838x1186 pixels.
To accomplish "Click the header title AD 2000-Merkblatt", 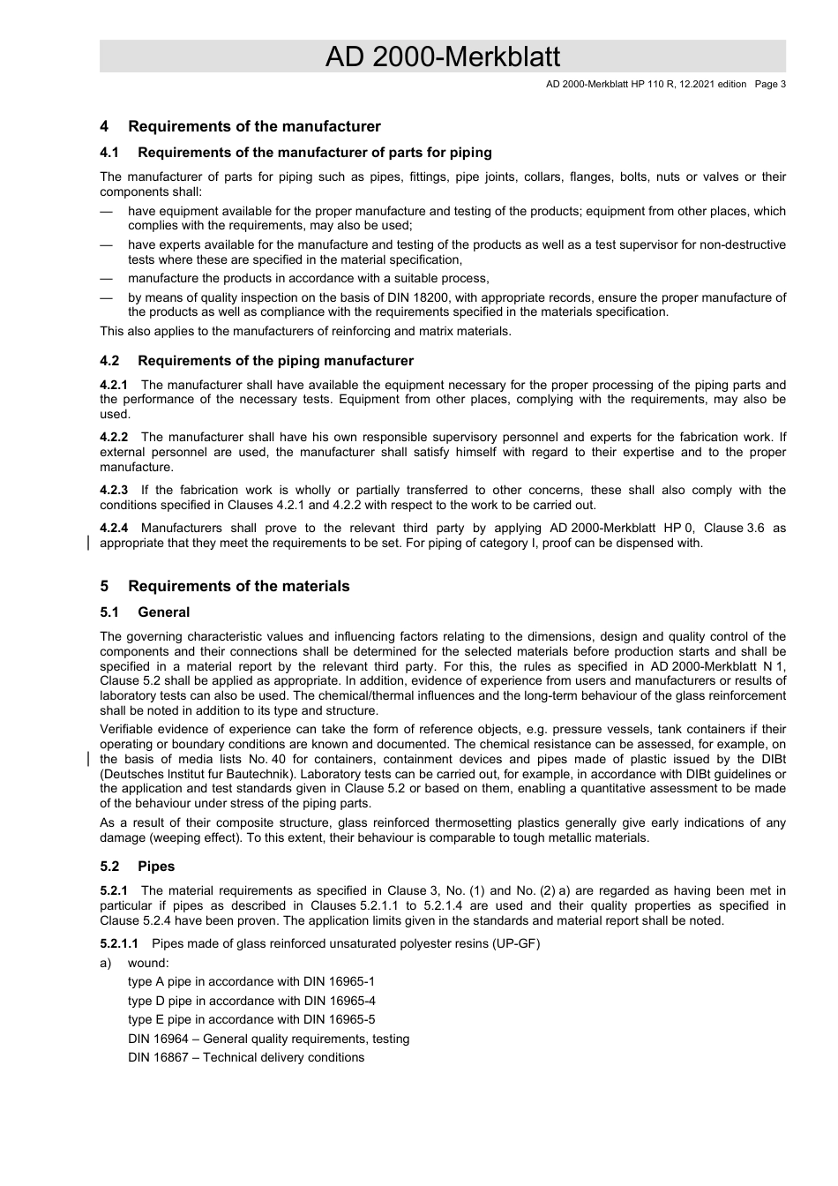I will pyautogui.click(x=442, y=56).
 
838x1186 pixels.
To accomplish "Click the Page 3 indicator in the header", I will pyautogui.click(x=770, y=85).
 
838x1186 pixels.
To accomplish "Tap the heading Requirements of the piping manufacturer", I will pyautogui.click(x=275, y=361).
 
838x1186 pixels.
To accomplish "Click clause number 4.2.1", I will pyautogui.click(x=114, y=385).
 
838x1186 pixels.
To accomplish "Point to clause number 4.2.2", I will pyautogui.click(x=114, y=437).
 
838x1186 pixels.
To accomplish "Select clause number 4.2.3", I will pyautogui.click(x=114, y=490).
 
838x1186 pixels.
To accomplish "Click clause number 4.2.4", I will pyautogui.click(x=114, y=528).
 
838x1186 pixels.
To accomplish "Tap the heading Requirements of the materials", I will pyautogui.click(x=238, y=587).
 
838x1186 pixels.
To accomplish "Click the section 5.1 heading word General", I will pyautogui.click(x=163, y=612).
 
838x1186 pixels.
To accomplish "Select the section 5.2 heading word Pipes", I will pyautogui.click(x=156, y=867).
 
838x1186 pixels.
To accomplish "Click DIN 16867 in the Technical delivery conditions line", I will pyautogui.click(x=158, y=1057).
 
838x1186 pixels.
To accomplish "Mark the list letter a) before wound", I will pyautogui.click(x=106, y=963).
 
